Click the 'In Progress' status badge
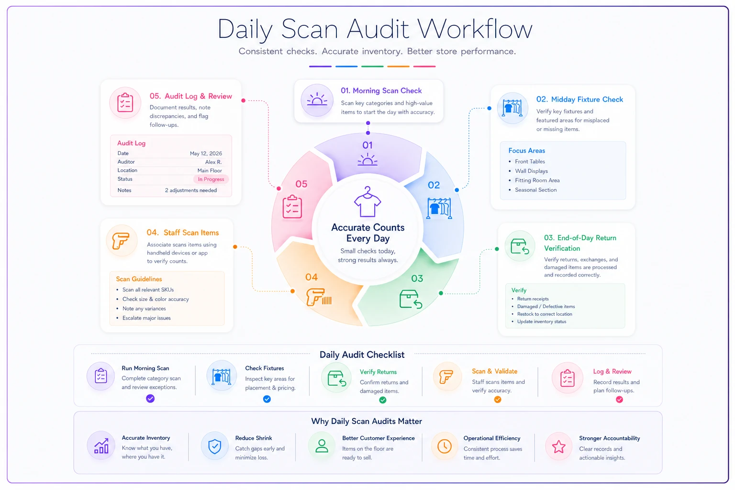pos(211,179)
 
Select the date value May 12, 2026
pos(206,153)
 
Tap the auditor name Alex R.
pos(213,162)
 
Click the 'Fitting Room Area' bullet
pos(537,180)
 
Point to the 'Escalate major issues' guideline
pos(146,318)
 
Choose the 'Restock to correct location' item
pos(545,314)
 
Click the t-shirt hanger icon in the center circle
pos(367,201)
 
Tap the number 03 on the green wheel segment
pos(417,278)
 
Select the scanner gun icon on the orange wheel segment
pos(319,297)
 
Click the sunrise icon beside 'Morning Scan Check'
pos(317,100)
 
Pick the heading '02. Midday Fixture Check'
pos(579,100)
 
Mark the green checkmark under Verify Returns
pos(383,400)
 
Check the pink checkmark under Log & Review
pos(619,400)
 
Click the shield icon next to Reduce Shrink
pos(214,446)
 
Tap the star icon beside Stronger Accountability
pos(558,446)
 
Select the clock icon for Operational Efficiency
pos(444,446)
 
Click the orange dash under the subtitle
pos(398,67)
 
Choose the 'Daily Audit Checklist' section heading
pos(362,355)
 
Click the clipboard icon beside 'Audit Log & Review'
pos(125,103)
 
